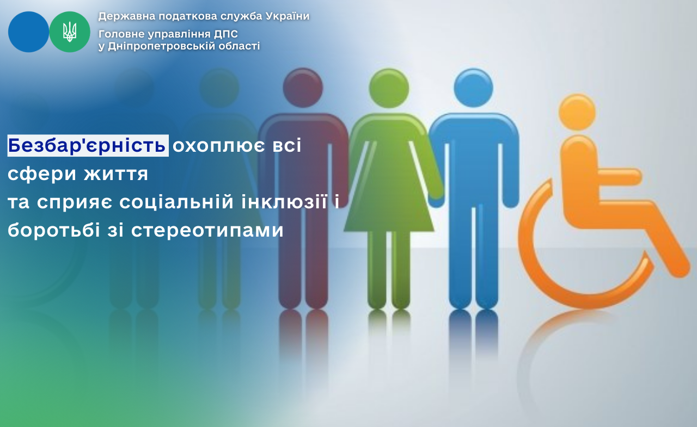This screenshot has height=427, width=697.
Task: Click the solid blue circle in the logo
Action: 28,32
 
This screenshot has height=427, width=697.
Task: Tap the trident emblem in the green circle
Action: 70,32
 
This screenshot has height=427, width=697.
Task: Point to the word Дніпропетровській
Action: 159,46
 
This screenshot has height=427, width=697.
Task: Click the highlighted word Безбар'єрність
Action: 88,145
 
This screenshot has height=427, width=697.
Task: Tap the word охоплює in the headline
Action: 219,146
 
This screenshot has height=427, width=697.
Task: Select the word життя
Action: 116,174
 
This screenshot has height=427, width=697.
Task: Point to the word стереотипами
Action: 207,231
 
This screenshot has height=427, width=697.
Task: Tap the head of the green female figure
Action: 389,88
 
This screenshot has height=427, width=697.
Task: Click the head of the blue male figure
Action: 473,88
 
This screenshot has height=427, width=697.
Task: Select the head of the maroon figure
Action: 303,88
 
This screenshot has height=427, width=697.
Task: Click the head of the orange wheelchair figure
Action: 577,112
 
